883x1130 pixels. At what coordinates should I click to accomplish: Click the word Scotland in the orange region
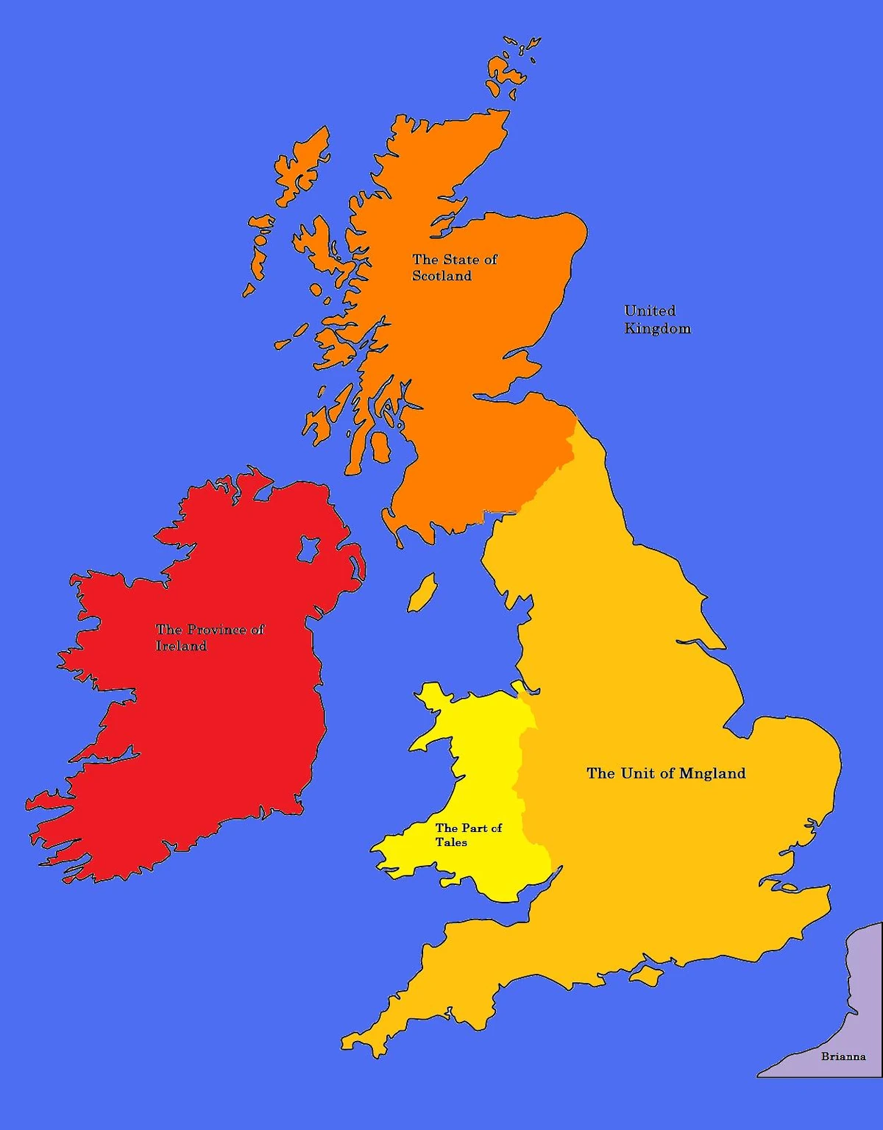pyautogui.click(x=441, y=276)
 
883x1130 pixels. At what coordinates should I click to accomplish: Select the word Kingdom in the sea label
pyautogui.click(x=657, y=328)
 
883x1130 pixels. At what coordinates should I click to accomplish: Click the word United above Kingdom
pyautogui.click(x=650, y=310)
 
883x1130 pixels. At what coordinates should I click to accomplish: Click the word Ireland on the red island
pyautogui.click(x=181, y=646)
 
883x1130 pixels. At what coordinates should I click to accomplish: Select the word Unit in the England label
pyautogui.click(x=637, y=773)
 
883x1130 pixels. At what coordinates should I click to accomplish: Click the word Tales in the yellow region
pyautogui.click(x=451, y=842)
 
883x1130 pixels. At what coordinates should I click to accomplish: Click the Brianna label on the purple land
pyautogui.click(x=843, y=1056)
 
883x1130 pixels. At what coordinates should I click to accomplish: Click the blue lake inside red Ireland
pyautogui.click(x=309, y=548)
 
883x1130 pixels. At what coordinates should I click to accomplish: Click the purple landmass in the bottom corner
pyautogui.click(x=846, y=1015)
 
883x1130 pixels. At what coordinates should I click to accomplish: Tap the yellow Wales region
pyautogui.click(x=478, y=772)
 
